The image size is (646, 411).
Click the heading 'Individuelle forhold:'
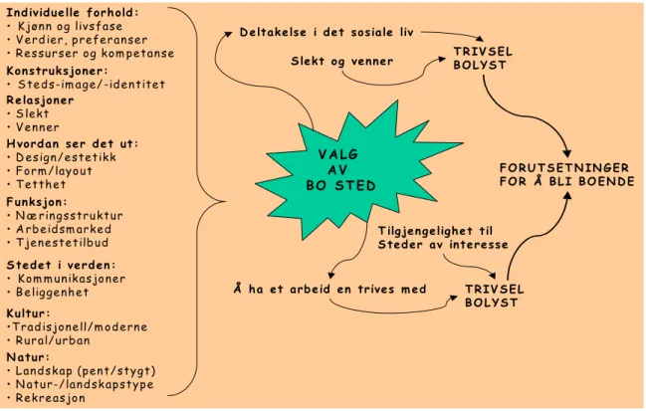73,12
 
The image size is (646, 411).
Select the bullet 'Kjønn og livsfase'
70,26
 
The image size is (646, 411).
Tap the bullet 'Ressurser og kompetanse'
95,54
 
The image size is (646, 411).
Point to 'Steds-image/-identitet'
91,85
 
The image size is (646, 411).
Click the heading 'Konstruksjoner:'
57,71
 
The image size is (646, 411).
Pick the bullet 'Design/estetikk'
66,157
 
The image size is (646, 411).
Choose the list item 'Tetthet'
41,184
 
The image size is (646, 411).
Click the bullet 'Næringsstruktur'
70,216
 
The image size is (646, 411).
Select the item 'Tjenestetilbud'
62,243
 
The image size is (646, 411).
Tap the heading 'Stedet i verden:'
61,265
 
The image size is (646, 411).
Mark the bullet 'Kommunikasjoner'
72,279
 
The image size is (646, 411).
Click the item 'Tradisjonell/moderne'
80,327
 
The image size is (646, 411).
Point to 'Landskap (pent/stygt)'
86,371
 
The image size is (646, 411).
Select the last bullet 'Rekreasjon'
50,398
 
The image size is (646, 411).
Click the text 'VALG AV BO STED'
340,170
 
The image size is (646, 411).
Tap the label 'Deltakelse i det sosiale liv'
326,32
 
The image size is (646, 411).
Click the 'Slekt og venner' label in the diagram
342,62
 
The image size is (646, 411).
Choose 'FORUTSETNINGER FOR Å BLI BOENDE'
567,174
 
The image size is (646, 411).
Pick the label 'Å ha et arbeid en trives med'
329,290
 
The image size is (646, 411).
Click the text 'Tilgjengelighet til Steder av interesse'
443,238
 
